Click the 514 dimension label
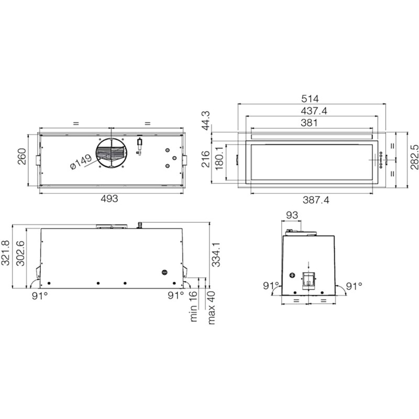pos(310,99)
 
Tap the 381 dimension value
pos(309,123)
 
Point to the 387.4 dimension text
pos(316,200)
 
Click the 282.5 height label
pos(414,157)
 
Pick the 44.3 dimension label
pos(206,121)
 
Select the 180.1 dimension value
pos(219,159)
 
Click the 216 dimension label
pos(206,159)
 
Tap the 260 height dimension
pos(22,156)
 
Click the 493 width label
pos(109,199)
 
